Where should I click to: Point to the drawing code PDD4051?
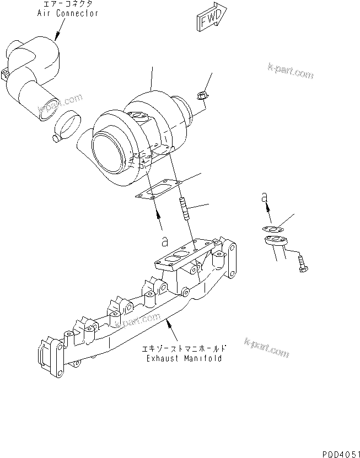pyautogui.click(x=337, y=452)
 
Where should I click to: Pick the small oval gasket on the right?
pyautogui.click(x=271, y=229)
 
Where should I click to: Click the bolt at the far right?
pyautogui.click(x=303, y=265)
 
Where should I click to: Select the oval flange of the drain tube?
pyautogui.click(x=273, y=241)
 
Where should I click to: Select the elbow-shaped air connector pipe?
pyautogui.click(x=33, y=77)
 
